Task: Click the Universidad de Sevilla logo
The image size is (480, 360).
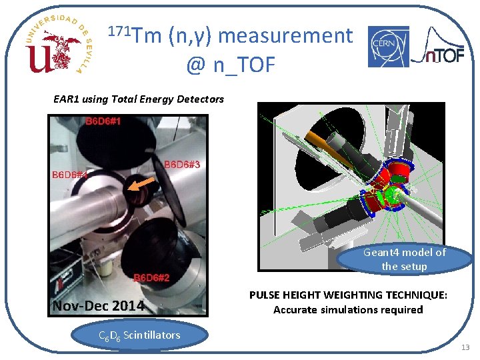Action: [x=58, y=45]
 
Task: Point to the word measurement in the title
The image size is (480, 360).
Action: [x=285, y=35]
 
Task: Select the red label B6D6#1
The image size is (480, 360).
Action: [x=103, y=121]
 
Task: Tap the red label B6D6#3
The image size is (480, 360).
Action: [x=182, y=164]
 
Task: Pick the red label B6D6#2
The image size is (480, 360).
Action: [x=151, y=277]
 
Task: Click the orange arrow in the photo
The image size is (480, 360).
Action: [x=143, y=186]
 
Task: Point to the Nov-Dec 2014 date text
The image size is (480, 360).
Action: [x=98, y=306]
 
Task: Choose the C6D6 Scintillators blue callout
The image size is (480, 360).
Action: [x=139, y=335]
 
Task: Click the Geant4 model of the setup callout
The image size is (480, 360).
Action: [x=404, y=259]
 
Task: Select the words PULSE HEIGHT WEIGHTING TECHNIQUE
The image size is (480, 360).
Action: [x=348, y=295]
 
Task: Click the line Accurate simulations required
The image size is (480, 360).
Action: [x=348, y=309]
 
